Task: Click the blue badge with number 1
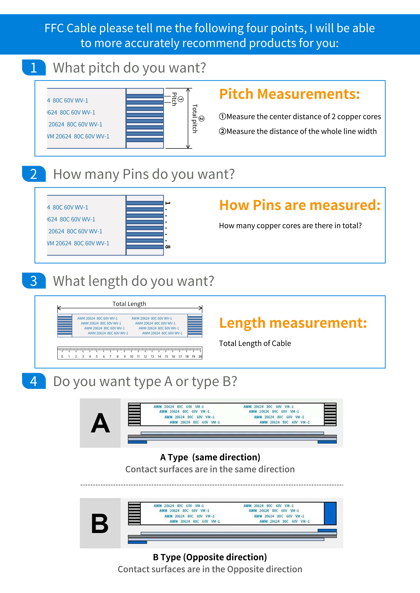[34, 68]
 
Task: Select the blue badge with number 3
[34, 281]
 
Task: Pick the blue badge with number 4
[34, 381]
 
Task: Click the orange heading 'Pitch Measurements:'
[289, 94]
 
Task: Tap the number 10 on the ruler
[131, 356]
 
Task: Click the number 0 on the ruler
[62, 356]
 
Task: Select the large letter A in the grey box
[100, 423]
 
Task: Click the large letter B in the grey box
[100, 523]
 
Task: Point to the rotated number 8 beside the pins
[168, 247]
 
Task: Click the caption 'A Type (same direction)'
[210, 457]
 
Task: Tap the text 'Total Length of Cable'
[255, 343]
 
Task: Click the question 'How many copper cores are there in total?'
[290, 225]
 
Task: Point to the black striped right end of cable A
[330, 414]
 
